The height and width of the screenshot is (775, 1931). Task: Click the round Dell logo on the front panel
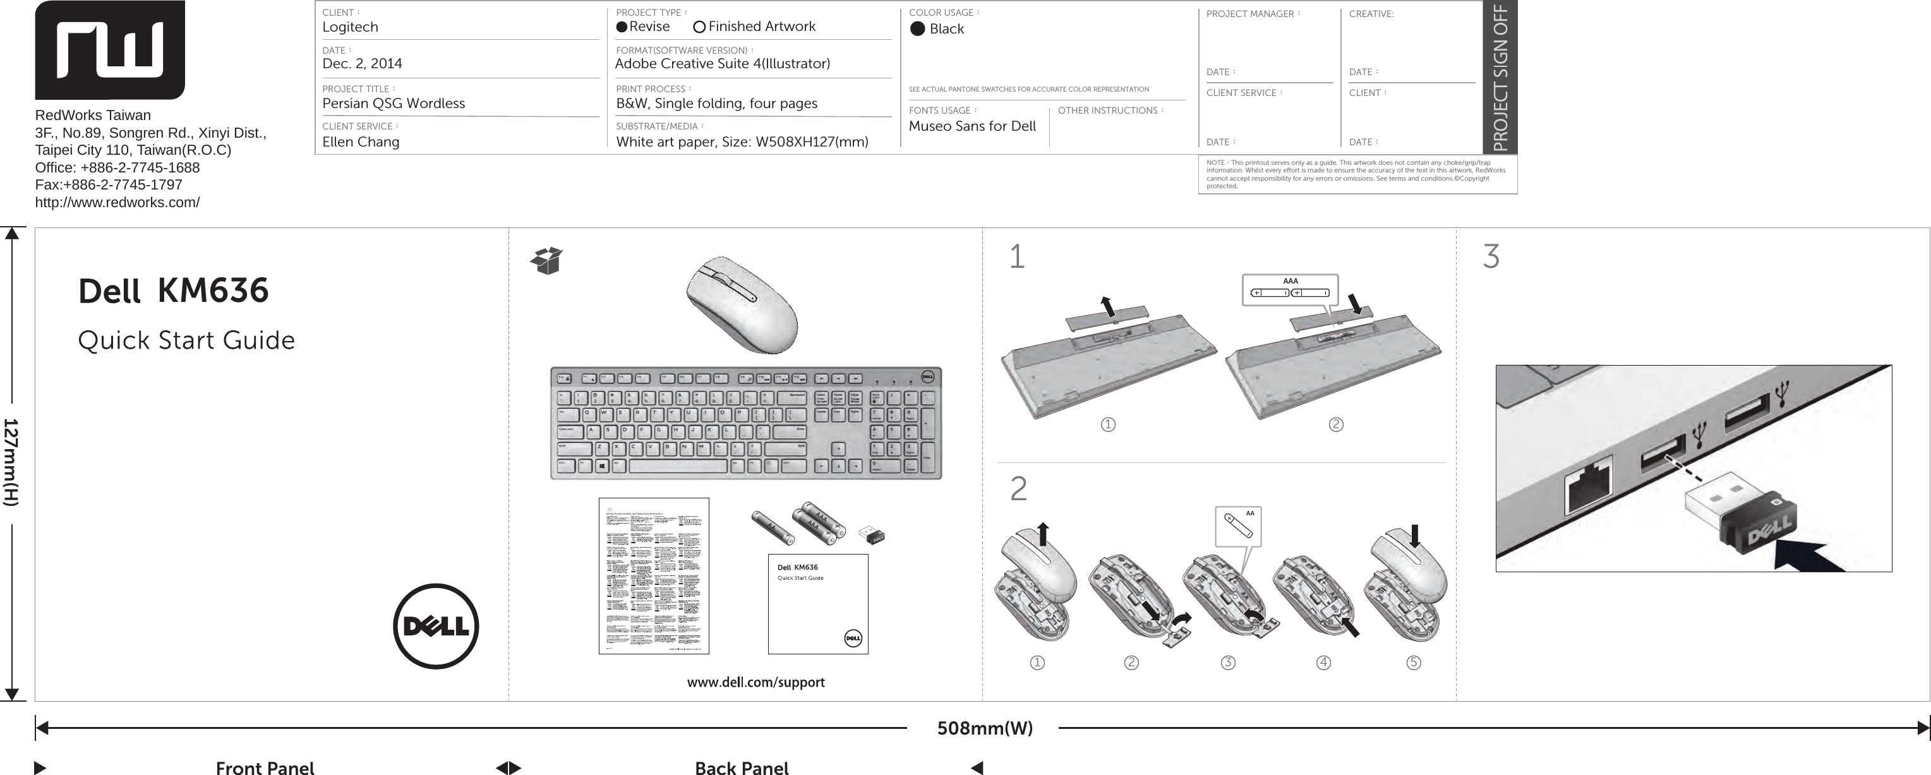click(x=435, y=627)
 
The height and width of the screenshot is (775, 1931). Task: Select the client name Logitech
click(x=350, y=27)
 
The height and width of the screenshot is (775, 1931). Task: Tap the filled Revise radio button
click(x=622, y=27)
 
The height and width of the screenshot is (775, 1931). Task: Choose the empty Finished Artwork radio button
click(x=699, y=27)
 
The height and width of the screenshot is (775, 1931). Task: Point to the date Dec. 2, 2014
click(x=362, y=64)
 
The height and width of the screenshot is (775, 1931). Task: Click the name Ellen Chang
click(x=361, y=141)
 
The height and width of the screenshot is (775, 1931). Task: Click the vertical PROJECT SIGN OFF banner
click(x=1500, y=76)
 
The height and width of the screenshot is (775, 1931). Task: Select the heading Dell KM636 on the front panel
click(x=173, y=291)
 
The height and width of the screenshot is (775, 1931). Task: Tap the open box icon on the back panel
click(x=547, y=260)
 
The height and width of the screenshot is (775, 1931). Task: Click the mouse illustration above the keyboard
click(x=742, y=305)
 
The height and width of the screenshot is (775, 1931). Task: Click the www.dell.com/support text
click(x=755, y=682)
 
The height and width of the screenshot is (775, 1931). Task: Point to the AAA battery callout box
click(x=1289, y=290)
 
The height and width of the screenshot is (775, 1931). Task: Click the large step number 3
click(x=1491, y=257)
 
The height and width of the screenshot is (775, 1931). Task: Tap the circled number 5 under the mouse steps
click(x=1413, y=663)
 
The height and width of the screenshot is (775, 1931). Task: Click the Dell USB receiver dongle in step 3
click(x=1739, y=521)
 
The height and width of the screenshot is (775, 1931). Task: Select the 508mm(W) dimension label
click(x=984, y=728)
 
